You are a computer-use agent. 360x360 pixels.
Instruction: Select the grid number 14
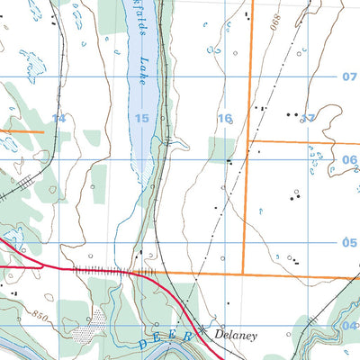click(59, 118)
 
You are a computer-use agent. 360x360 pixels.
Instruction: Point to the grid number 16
click(224, 118)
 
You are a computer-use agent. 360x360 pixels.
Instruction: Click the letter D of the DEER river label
click(145, 343)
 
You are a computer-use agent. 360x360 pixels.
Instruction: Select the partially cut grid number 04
click(351, 325)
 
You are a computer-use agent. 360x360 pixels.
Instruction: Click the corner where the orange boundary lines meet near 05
click(244, 274)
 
